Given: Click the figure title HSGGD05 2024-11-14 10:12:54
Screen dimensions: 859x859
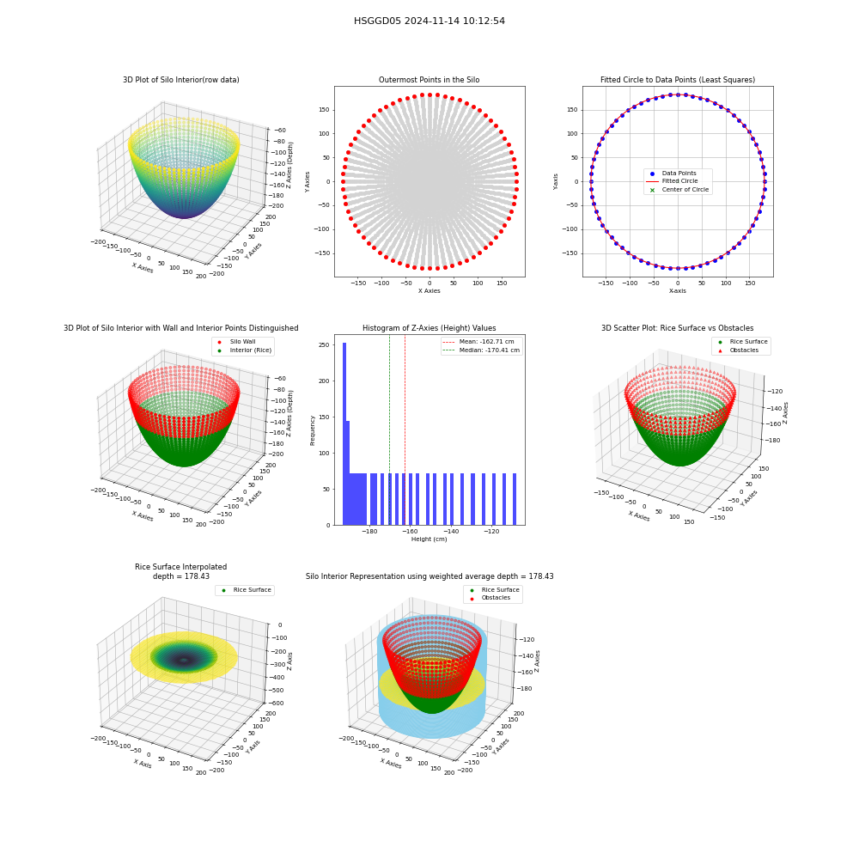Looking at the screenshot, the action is pos(429,21).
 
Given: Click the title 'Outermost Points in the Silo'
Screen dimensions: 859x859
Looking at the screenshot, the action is pos(429,80).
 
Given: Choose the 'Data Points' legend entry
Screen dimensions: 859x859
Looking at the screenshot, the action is pos(673,174).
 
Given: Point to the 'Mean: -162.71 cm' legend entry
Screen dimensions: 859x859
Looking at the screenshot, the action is pos(478,342).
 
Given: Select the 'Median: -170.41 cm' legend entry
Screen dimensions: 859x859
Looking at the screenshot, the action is pos(482,350).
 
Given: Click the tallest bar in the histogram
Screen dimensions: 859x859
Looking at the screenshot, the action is pos(344,434).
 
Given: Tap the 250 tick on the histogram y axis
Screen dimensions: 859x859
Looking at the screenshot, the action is pos(325,345).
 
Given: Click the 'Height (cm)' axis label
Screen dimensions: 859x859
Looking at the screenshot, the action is pos(429,539).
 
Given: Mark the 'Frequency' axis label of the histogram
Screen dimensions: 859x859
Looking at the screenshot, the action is pos(313,430).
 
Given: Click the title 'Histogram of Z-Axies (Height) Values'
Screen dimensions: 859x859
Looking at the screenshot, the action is pos(429,328).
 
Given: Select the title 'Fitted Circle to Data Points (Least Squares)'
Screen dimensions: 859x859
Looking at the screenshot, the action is pos(678,80).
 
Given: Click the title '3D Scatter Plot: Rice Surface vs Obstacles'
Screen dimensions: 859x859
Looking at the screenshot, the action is pos(678,328).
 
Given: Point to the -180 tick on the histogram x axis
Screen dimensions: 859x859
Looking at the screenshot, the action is pos(369,532).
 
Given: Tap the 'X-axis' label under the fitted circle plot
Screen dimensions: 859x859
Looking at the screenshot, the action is pos(678,291).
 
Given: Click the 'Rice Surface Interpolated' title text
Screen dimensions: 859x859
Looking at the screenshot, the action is pos(180,567).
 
